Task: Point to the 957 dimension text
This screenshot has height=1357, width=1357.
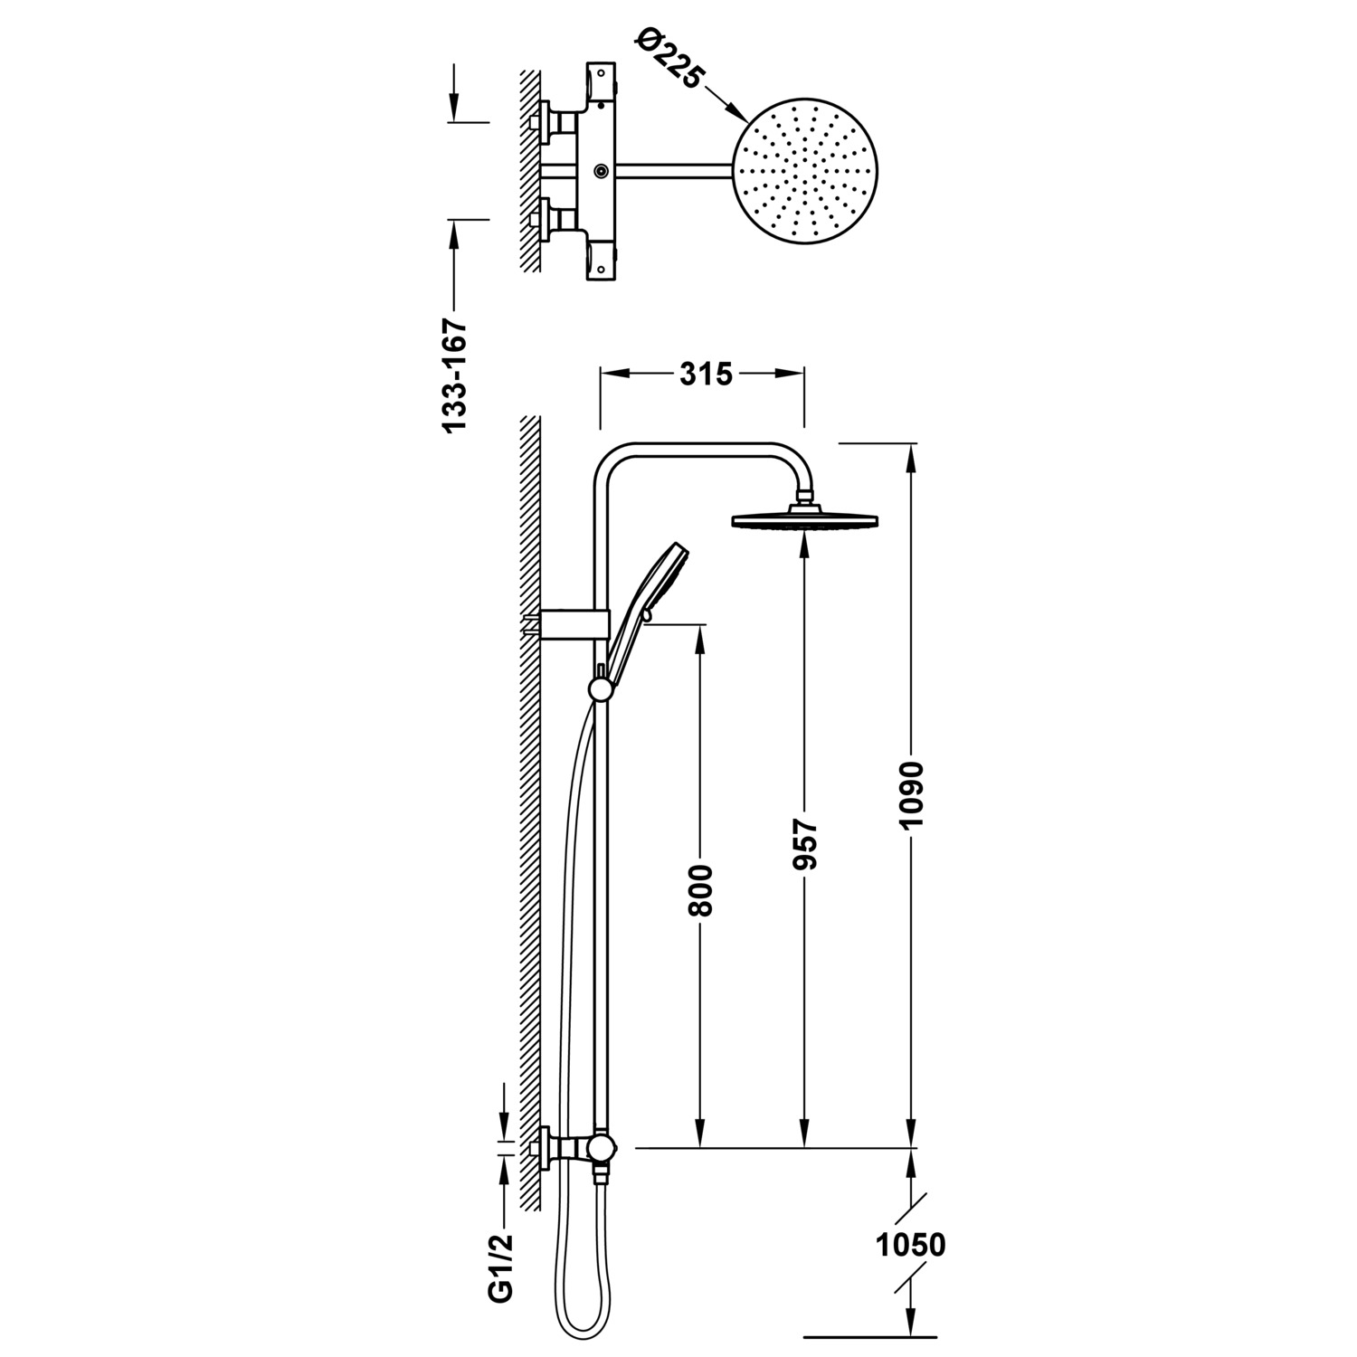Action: pos(804,845)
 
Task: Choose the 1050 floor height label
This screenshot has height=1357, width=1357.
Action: pos(911,1245)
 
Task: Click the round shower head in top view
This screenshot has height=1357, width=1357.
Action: pos(803,173)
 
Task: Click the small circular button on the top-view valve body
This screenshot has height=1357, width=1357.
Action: pos(601,170)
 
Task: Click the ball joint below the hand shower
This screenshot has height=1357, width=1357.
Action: pos(599,690)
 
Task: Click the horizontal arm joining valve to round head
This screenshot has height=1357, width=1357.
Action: pos(672,170)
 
